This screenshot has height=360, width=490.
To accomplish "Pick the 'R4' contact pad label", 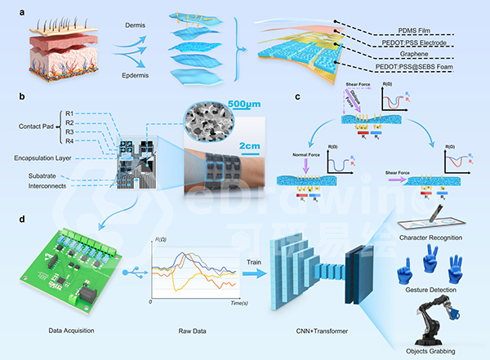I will (71, 140).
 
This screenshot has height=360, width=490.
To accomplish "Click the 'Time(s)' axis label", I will (239, 302).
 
